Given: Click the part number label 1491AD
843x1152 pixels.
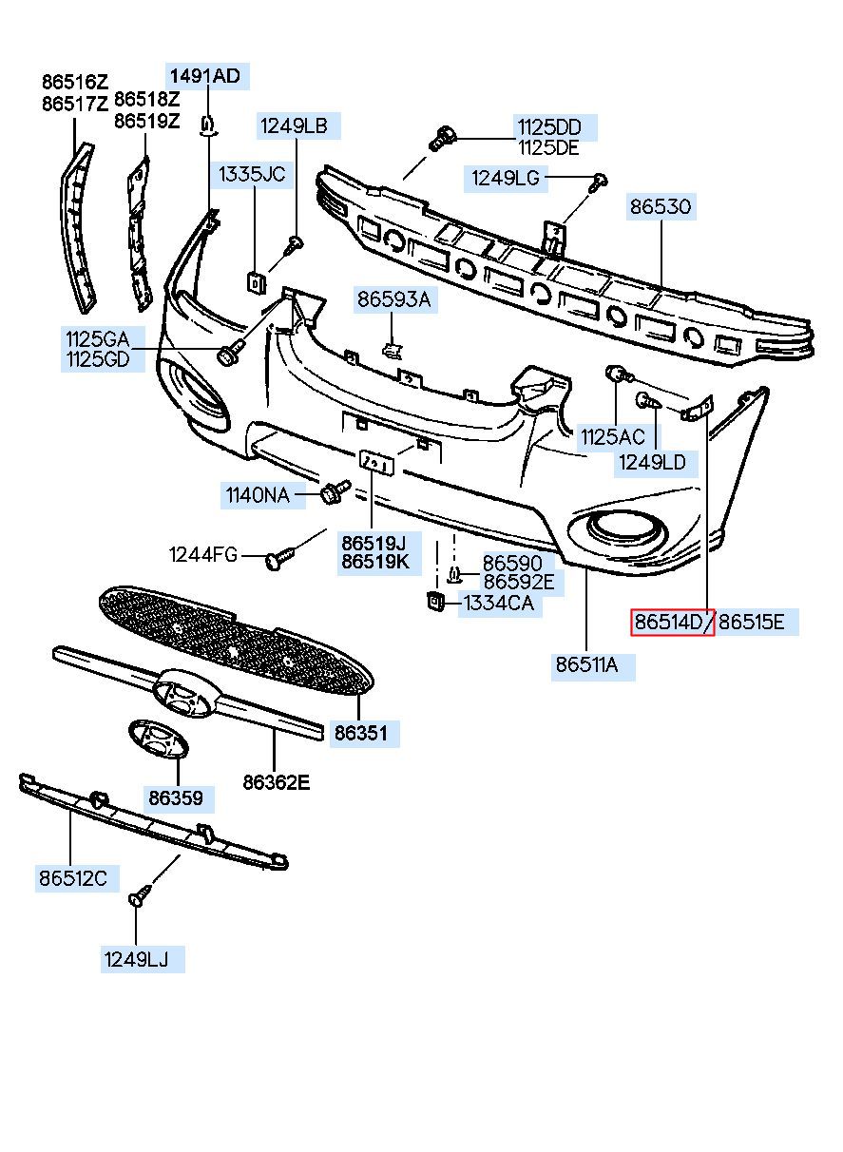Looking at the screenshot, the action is pos(205,76).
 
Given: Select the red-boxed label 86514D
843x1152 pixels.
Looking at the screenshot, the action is pos(668,623).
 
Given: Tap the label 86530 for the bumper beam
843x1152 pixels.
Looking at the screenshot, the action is pos(661,207).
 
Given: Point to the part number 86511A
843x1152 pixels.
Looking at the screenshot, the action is pos(586,665).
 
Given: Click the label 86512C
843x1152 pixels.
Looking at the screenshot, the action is pos(73,878).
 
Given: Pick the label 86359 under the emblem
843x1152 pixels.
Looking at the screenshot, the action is pos(176,798).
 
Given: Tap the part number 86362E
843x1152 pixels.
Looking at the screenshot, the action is pos(277,782).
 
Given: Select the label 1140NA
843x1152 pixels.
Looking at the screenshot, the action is pos(258,495).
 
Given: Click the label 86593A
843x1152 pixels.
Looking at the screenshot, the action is pos(394,298).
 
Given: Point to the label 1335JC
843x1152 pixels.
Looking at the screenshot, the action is pos(252,174).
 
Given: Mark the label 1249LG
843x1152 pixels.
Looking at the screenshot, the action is pos(506,178).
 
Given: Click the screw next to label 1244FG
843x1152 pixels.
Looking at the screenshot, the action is pos(279,558).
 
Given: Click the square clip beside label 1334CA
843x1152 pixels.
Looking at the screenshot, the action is pos(435,601).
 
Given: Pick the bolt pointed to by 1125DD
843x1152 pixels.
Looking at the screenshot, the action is pos(443,138).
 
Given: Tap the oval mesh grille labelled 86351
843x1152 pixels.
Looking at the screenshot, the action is pos(236,640).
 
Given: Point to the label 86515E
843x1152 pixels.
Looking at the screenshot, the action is pos(752,623).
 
